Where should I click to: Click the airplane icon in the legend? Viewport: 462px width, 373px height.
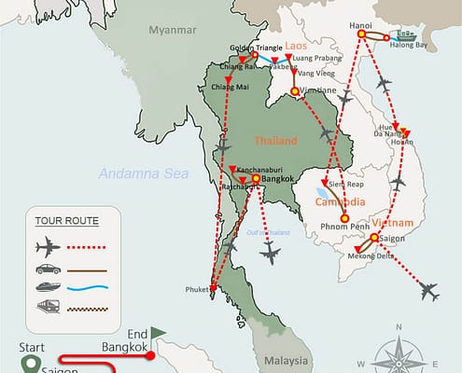click(x=47, y=248)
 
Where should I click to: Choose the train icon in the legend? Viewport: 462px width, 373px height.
click(x=47, y=305)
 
